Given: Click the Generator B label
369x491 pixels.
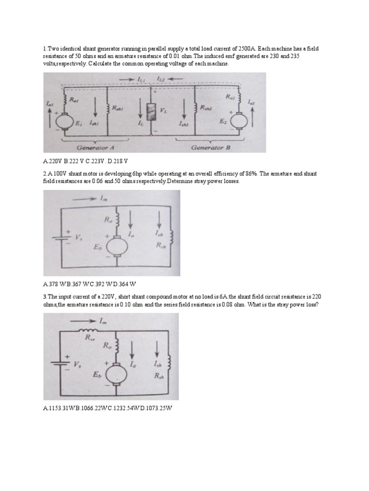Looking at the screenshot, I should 211,148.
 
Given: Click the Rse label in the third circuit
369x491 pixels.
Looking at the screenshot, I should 90,338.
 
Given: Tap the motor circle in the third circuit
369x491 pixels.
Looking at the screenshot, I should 115,374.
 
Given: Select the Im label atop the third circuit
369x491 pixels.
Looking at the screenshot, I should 102,322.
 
